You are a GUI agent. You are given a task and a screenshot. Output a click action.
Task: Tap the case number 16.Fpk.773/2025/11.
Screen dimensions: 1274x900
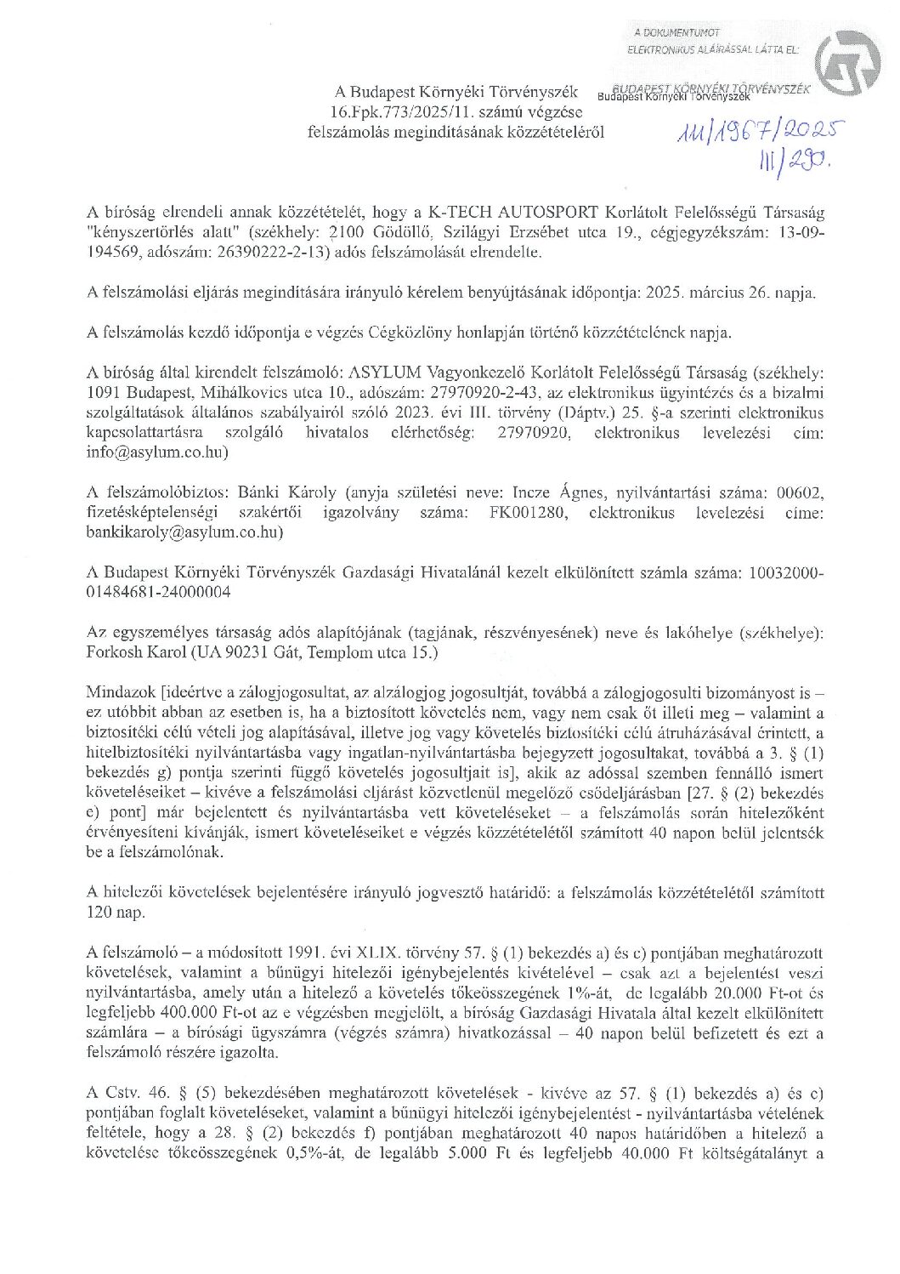point(410,111)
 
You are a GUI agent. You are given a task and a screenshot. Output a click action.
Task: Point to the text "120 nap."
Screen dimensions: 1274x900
point(116,913)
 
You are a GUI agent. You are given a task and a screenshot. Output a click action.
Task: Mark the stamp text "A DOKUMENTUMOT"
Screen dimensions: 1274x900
point(671,32)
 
